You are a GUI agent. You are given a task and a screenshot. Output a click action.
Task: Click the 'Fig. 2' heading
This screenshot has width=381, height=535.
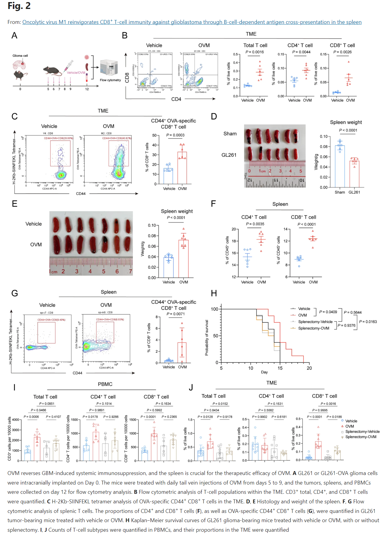pos(19,6)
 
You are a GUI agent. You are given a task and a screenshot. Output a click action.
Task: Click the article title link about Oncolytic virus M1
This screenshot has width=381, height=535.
pos(192,22)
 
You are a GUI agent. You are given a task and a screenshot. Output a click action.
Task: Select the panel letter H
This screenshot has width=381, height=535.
pos(214,293)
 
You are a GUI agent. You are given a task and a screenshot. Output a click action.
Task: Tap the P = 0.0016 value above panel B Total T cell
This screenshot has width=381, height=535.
pos(255,52)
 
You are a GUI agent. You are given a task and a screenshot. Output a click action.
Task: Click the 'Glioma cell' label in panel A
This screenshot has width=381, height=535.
pos(20,56)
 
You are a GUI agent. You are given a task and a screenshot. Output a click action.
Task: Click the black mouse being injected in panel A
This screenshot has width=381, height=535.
pos(52,70)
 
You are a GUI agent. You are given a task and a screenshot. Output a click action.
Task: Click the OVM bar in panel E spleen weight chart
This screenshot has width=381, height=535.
pos(184,259)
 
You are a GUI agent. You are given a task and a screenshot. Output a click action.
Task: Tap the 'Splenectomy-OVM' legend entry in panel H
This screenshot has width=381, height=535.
pos(314,328)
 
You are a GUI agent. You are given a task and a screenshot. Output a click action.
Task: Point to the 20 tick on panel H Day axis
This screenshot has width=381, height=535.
pos(309,368)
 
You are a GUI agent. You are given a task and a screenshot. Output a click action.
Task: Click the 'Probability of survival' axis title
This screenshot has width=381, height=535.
pos(207,338)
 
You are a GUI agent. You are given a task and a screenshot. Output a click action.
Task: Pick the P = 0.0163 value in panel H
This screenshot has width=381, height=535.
pos(368,322)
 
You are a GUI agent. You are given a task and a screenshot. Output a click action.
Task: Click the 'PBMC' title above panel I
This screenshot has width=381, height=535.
pos(105,384)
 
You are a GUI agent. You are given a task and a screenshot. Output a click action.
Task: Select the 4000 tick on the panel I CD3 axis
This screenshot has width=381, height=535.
pos(16,420)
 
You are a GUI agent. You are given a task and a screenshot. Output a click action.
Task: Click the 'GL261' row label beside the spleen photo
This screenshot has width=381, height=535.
pos(229,155)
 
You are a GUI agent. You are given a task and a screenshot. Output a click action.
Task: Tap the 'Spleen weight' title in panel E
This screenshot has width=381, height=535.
pos(177,211)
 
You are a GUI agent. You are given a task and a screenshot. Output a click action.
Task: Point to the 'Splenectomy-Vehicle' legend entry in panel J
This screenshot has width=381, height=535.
pos(362,432)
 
